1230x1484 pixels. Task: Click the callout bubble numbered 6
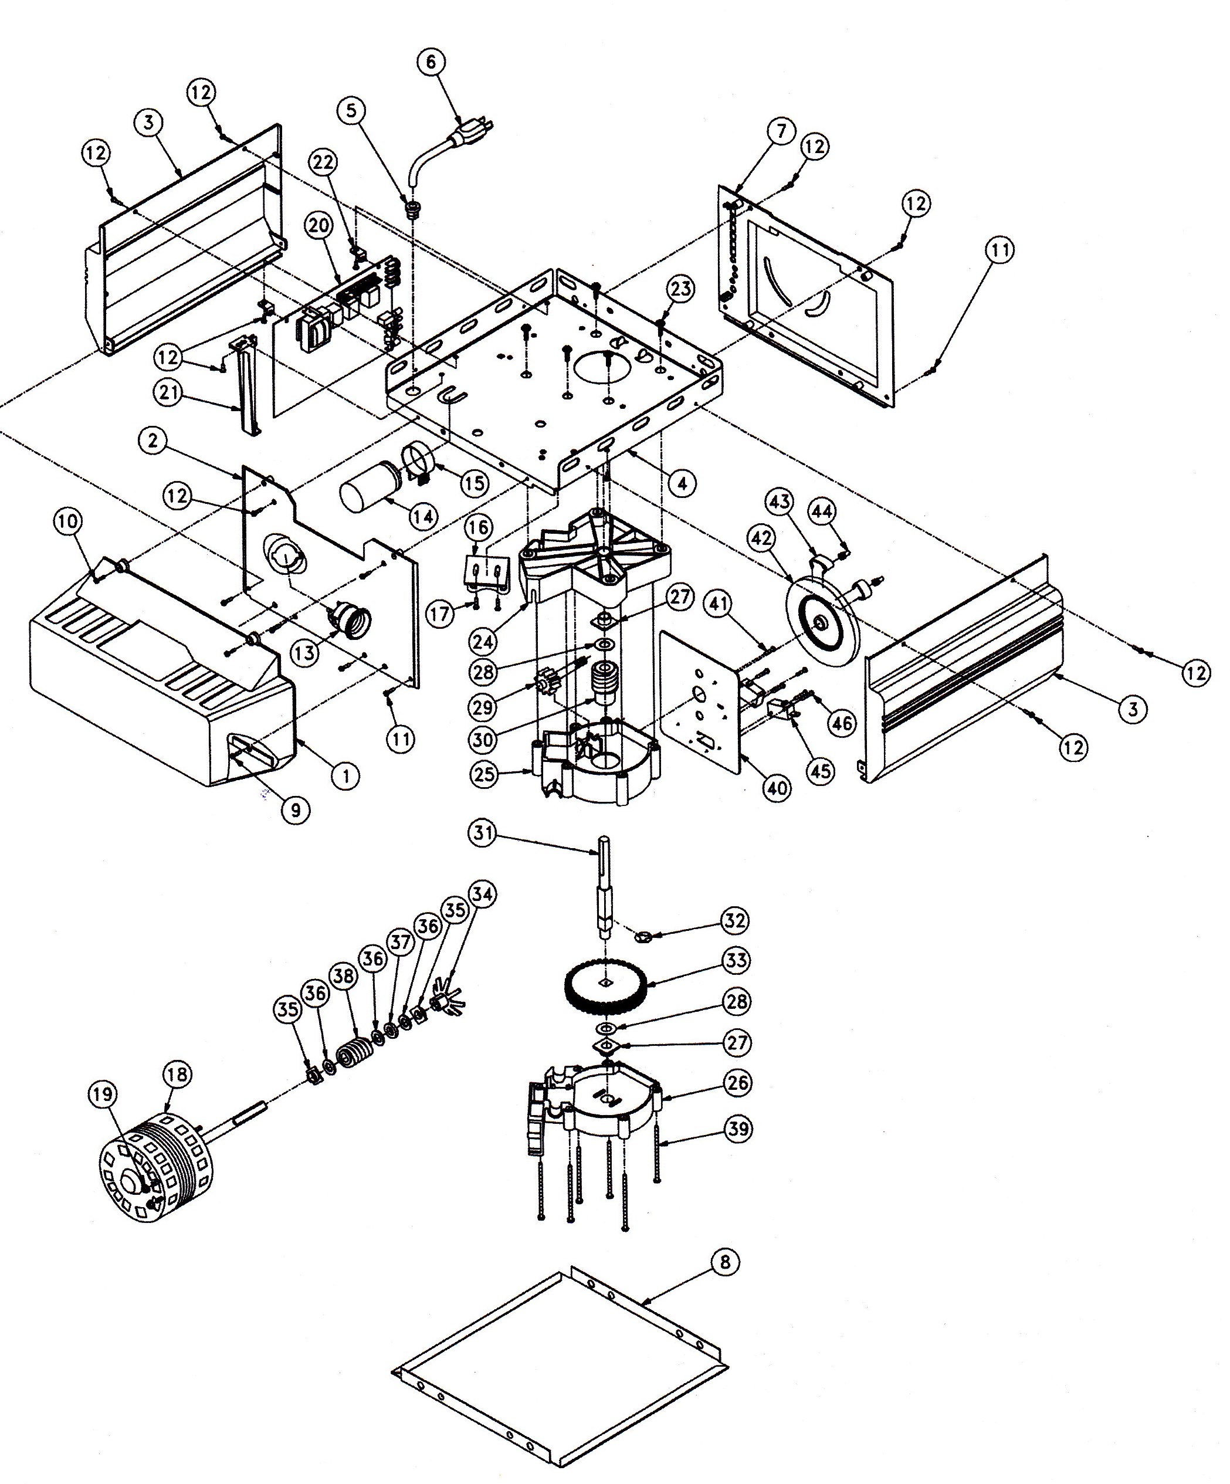click(x=431, y=62)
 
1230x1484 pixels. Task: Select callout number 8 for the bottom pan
click(x=726, y=1262)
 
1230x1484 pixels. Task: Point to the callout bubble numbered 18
click(x=176, y=1075)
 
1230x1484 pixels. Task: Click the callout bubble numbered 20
click(x=319, y=226)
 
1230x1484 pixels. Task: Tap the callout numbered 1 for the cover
click(x=345, y=777)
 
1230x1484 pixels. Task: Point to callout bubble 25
click(x=484, y=774)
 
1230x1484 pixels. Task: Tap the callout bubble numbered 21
click(x=168, y=391)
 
